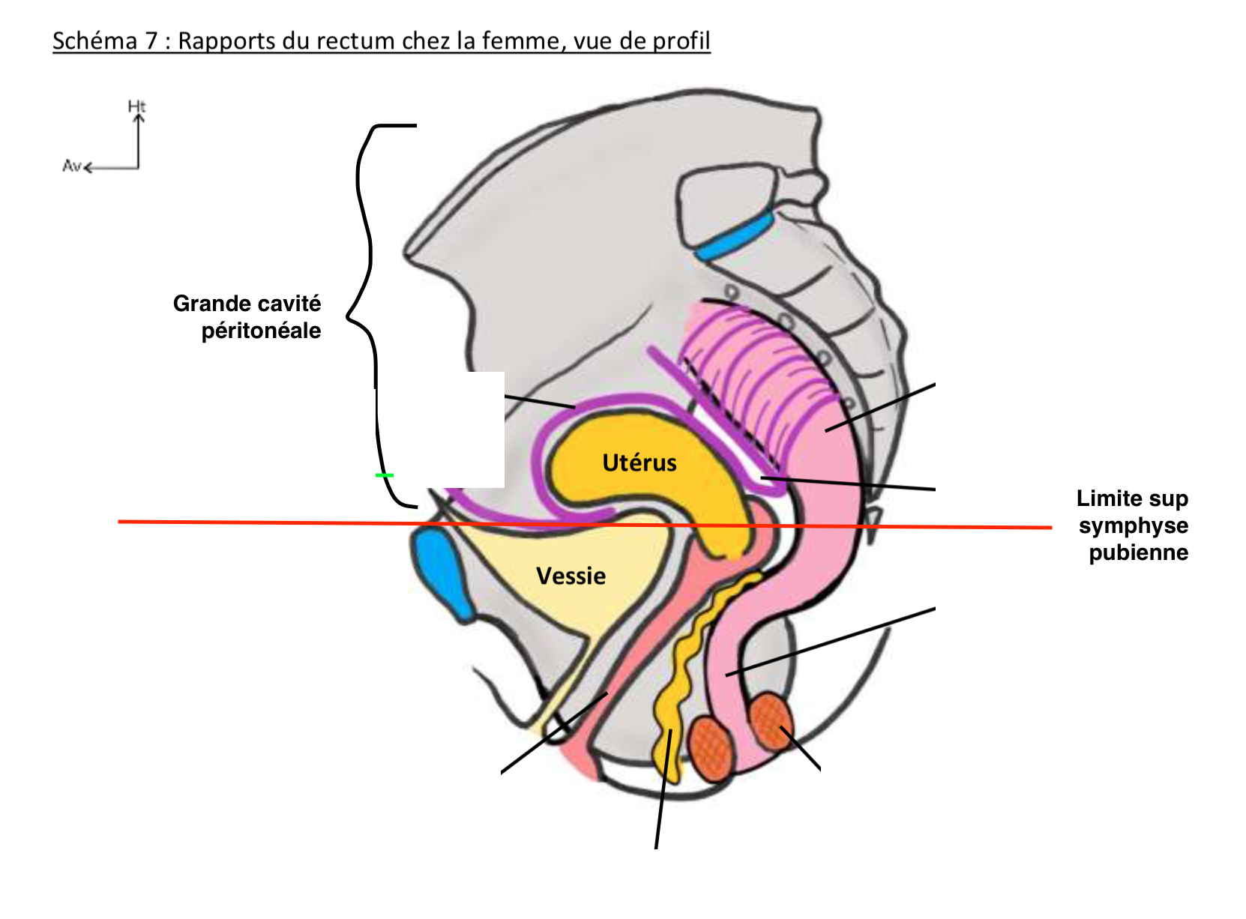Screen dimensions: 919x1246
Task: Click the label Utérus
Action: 639,462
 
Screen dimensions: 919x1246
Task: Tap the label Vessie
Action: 571,576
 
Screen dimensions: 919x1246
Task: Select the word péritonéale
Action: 261,331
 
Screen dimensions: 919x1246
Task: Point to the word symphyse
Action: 1133,525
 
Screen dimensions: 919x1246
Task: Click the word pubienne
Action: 1138,552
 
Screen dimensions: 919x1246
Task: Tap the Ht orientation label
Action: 136,106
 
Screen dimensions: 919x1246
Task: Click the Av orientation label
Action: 71,166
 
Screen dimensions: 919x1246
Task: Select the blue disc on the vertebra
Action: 735,235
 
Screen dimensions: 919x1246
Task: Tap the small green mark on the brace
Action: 384,475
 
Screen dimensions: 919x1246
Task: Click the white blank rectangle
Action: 442,430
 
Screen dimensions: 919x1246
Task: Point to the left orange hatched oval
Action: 711,748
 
